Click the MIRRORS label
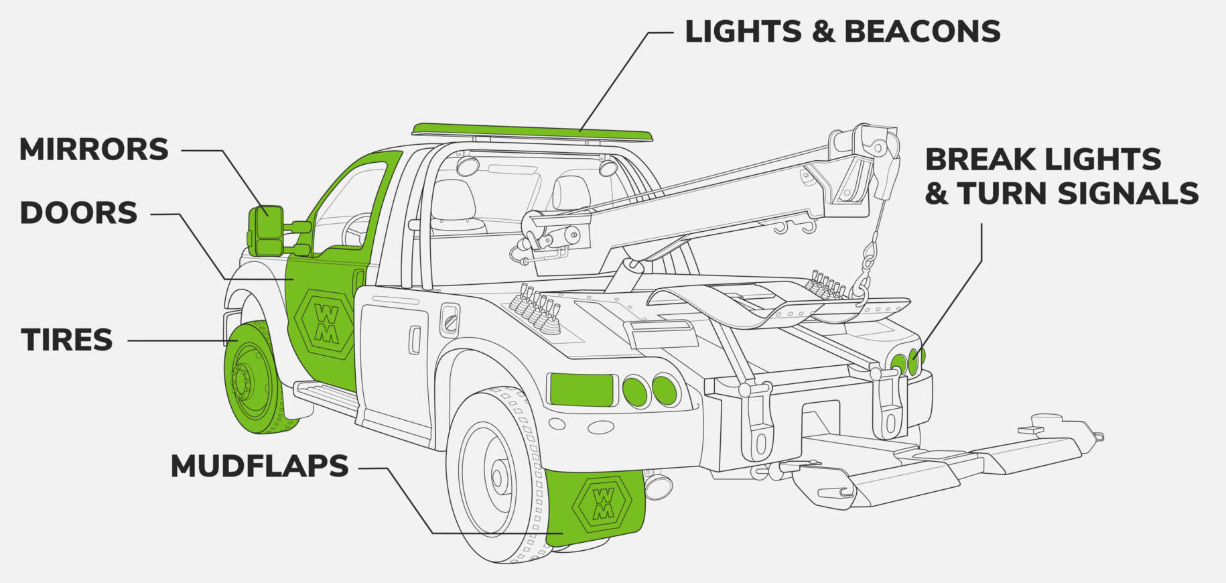coord(94,149)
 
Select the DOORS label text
coord(78,213)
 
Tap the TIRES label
coord(67,340)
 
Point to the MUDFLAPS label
coord(259,466)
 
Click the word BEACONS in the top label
coord(922,32)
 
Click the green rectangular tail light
coord(581,389)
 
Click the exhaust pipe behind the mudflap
coord(659,486)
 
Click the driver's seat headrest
coord(453,194)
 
